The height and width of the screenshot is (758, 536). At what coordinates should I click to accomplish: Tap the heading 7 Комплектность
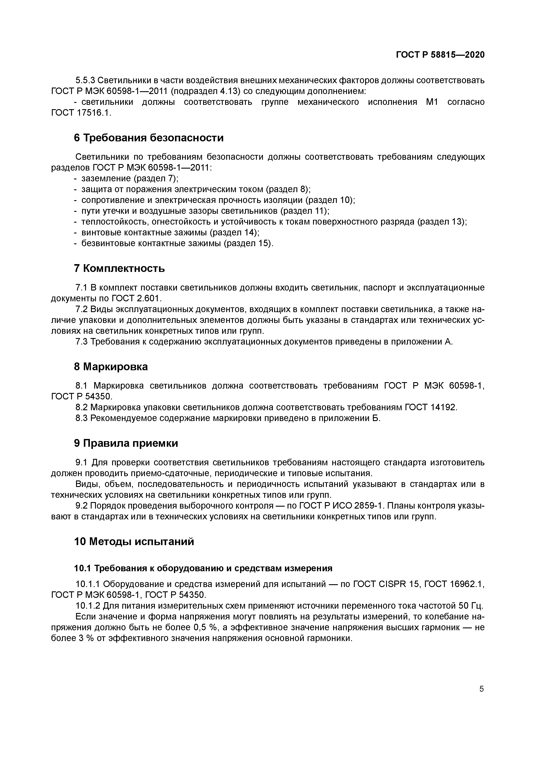click(119, 268)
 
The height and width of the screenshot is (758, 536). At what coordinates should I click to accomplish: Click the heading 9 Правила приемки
click(126, 443)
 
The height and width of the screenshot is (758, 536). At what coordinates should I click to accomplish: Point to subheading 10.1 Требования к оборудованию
click(203, 568)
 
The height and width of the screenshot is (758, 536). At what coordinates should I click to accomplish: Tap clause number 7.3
click(81, 342)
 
